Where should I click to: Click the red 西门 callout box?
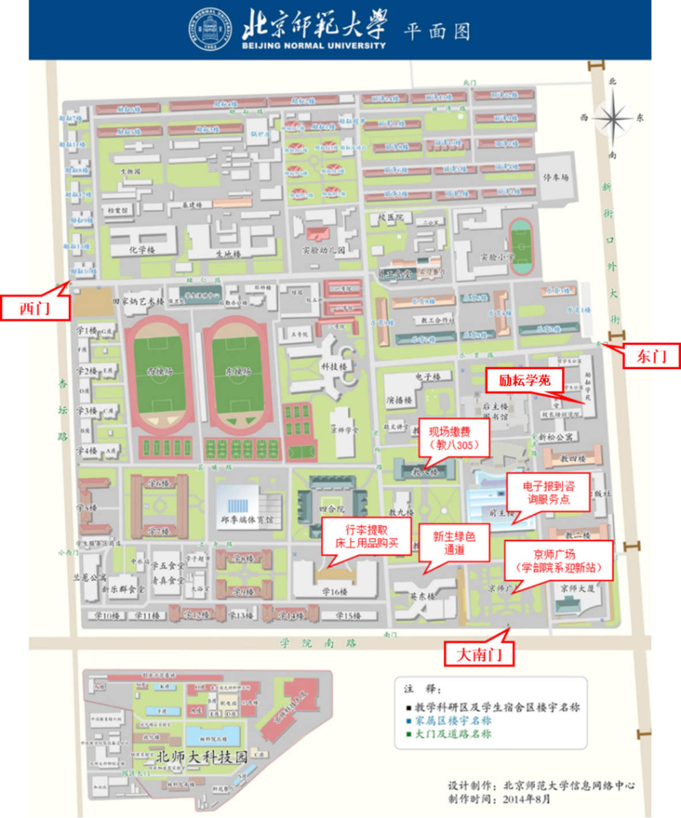(36, 308)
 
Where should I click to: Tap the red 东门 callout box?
(651, 356)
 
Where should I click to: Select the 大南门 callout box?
(479, 655)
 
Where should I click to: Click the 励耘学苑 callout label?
(524, 381)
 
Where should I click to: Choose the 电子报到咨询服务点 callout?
(548, 493)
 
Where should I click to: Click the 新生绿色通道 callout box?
(454, 543)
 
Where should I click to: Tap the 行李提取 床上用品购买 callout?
(367, 537)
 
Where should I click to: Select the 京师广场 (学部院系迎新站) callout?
(558, 561)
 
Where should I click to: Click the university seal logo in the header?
(211, 29)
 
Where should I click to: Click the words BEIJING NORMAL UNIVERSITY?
(314, 46)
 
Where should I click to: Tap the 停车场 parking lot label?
(556, 178)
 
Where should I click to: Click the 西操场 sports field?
(159, 372)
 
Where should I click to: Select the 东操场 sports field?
(238, 372)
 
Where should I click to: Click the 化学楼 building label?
(142, 250)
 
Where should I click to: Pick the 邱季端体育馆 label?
(248, 520)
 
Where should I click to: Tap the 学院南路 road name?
(318, 643)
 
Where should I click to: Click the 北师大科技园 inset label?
(201, 756)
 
